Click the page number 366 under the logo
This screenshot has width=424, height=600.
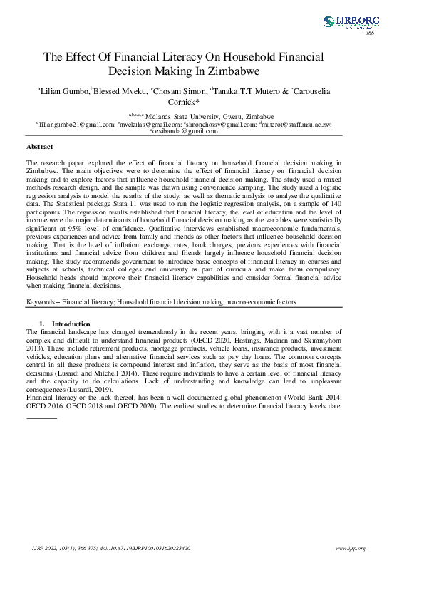[369, 33]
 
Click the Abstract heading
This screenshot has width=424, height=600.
[39, 146]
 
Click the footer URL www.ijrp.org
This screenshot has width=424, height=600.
[350, 548]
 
